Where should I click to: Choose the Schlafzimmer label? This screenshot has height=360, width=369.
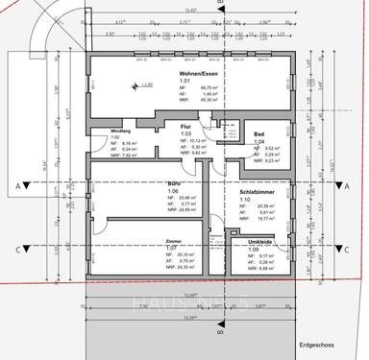point(258,192)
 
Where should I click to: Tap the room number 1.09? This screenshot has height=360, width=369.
point(248,249)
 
